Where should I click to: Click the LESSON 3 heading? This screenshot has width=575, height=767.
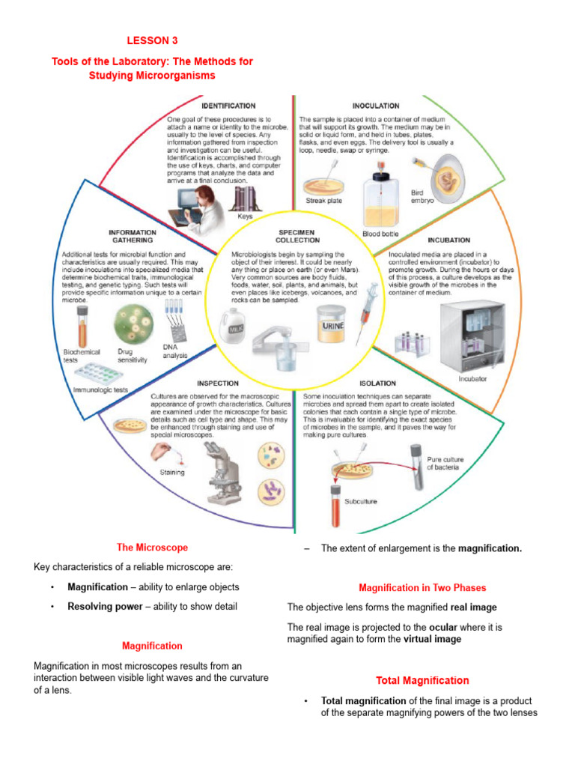coord(152,40)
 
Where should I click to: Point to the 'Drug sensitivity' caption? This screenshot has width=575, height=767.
coord(132,355)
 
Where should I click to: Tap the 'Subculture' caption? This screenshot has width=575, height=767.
coord(360,501)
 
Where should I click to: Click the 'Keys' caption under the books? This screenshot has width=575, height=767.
coord(245,216)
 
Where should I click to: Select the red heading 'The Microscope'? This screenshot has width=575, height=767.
coord(152,548)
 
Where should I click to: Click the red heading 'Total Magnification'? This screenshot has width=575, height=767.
coord(422,680)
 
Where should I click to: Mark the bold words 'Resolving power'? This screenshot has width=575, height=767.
coord(105,606)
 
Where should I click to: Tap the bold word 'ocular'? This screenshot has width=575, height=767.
coord(443,626)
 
